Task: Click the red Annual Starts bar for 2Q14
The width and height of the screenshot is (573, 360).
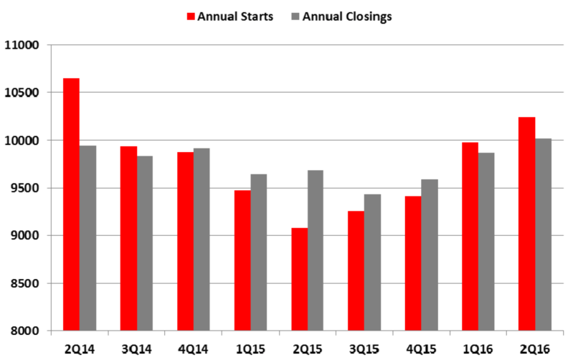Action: pyautogui.click(x=71, y=204)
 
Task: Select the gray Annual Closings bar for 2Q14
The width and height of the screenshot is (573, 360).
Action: pyautogui.click(x=87, y=238)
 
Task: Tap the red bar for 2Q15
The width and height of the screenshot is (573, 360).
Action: pyautogui.click(x=300, y=279)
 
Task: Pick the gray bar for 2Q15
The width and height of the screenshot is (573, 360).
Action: pyautogui.click(x=316, y=250)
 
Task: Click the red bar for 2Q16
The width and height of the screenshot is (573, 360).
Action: pyautogui.click(x=526, y=224)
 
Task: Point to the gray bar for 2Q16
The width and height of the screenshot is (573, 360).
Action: pyautogui.click(x=544, y=235)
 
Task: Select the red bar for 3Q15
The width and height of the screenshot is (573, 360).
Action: pyautogui.click(x=356, y=271)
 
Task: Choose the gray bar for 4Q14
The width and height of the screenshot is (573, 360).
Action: pyautogui.click(x=202, y=240)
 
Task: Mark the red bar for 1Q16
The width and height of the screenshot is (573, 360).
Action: pyautogui.click(x=470, y=237)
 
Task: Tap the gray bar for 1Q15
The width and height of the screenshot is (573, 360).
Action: pyautogui.click(x=259, y=252)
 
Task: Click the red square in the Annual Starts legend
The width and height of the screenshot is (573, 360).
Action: pyautogui.click(x=191, y=16)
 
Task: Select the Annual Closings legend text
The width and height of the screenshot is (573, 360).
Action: pyautogui.click(x=347, y=16)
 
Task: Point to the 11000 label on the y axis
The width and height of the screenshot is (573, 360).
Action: pyautogui.click(x=22, y=45)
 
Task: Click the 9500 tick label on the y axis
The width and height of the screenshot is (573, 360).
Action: pyautogui.click(x=25, y=188)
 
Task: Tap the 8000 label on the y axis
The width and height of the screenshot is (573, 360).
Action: pyautogui.click(x=25, y=331)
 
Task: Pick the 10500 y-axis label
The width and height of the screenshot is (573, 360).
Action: pyautogui.click(x=22, y=93)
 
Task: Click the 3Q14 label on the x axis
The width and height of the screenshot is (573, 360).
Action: pyautogui.click(x=137, y=349)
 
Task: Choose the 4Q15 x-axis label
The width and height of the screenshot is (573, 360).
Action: pyautogui.click(x=422, y=349)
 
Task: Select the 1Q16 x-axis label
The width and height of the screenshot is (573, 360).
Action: pyautogui.click(x=478, y=349)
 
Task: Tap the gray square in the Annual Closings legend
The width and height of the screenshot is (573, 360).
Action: pyautogui.click(x=295, y=16)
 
